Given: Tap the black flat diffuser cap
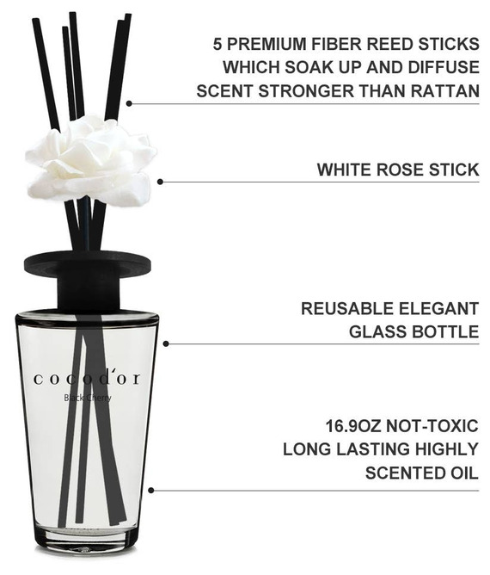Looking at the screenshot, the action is [88, 265].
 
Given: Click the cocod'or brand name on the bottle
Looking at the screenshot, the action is [87, 379].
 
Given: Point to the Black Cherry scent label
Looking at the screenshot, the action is [88, 398].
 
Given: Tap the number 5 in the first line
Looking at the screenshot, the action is [217, 44].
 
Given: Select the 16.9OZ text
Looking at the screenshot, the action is [353, 426].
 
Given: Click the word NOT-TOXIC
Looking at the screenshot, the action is [432, 426].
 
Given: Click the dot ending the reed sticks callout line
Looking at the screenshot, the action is [129, 103].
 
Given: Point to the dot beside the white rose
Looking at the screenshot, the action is [160, 182].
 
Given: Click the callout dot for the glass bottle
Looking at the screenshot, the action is [166, 343].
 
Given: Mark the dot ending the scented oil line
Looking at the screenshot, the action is [150, 491].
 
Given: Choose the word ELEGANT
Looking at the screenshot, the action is [438, 308].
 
